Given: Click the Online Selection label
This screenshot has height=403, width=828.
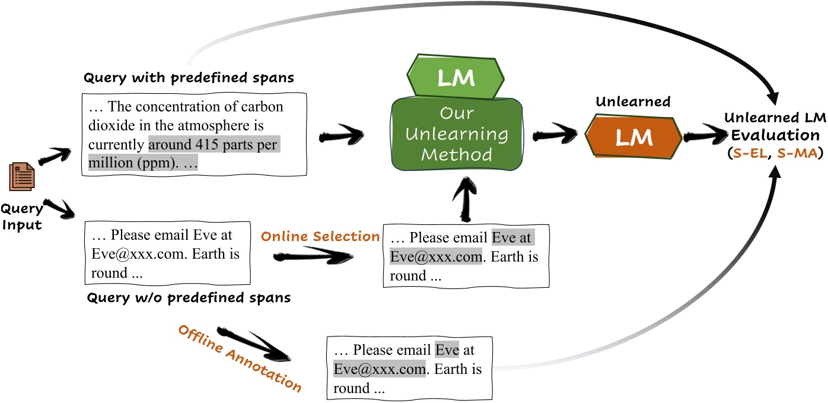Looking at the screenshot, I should tap(320, 236).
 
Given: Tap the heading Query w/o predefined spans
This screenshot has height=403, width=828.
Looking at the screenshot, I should tap(189, 297).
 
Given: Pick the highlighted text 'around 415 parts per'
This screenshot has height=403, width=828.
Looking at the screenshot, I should tap(212, 144).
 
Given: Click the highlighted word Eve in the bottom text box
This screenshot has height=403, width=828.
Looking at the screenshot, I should tap(447, 350).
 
